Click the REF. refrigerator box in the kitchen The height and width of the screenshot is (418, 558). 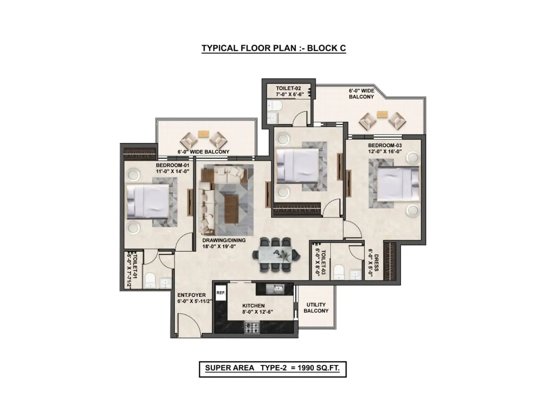[221, 292]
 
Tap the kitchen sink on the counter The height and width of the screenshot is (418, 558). [275, 289]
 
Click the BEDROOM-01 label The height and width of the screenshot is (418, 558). [172, 165]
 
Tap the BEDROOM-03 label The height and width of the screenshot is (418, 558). [385, 145]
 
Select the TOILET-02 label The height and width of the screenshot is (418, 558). [288, 88]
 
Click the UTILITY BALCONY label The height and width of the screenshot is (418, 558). [316, 308]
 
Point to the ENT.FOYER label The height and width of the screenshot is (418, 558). [191, 295]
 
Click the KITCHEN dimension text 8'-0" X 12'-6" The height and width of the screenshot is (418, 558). [257, 312]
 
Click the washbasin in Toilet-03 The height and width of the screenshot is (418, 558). [356, 275]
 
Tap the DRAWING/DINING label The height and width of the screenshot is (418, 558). [224, 240]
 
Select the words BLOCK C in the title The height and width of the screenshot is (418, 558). [326, 48]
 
